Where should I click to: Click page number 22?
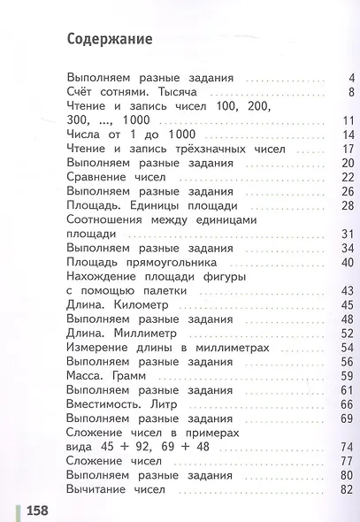tap(348, 176)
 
